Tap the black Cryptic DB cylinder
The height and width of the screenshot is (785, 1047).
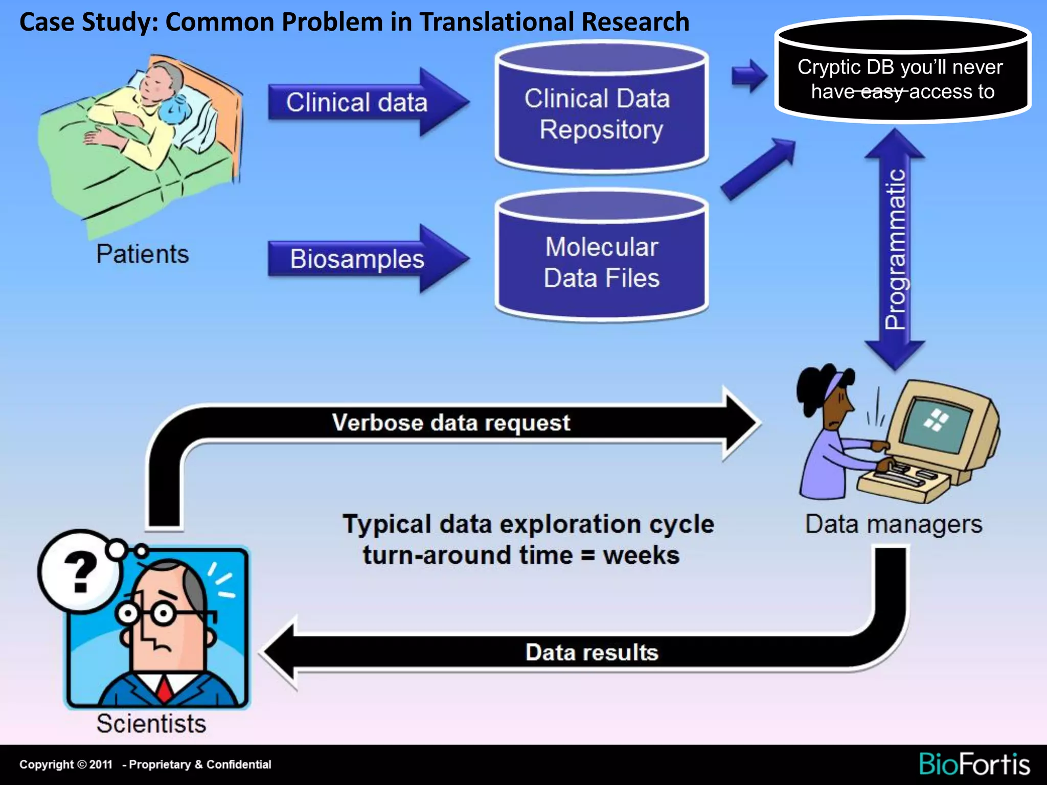(902, 77)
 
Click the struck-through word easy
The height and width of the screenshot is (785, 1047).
(882, 92)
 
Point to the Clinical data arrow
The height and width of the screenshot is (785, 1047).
(358, 102)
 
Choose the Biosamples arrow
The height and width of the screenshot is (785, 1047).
(358, 259)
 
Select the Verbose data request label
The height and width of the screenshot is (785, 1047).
(451, 423)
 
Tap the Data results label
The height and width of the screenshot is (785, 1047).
(591, 653)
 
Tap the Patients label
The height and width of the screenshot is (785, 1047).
(143, 254)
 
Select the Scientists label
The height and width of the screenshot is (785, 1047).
(151, 724)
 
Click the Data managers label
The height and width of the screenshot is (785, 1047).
(894, 524)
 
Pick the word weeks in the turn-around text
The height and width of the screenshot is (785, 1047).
(641, 556)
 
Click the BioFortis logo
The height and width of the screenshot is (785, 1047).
(974, 765)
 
